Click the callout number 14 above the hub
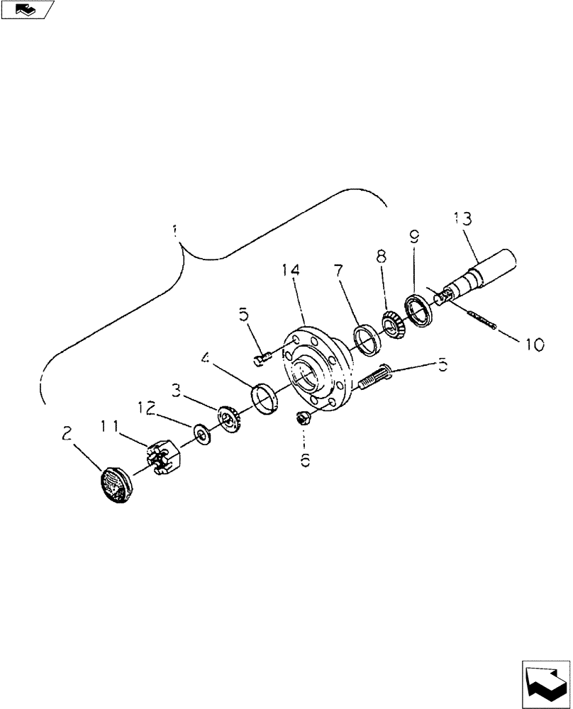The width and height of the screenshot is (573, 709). click(x=291, y=271)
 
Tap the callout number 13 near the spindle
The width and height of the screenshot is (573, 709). click(x=462, y=218)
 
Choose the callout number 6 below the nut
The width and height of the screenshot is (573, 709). click(x=305, y=460)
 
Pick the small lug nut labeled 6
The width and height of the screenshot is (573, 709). click(x=301, y=419)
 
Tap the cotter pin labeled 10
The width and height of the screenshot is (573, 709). click(x=482, y=320)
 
